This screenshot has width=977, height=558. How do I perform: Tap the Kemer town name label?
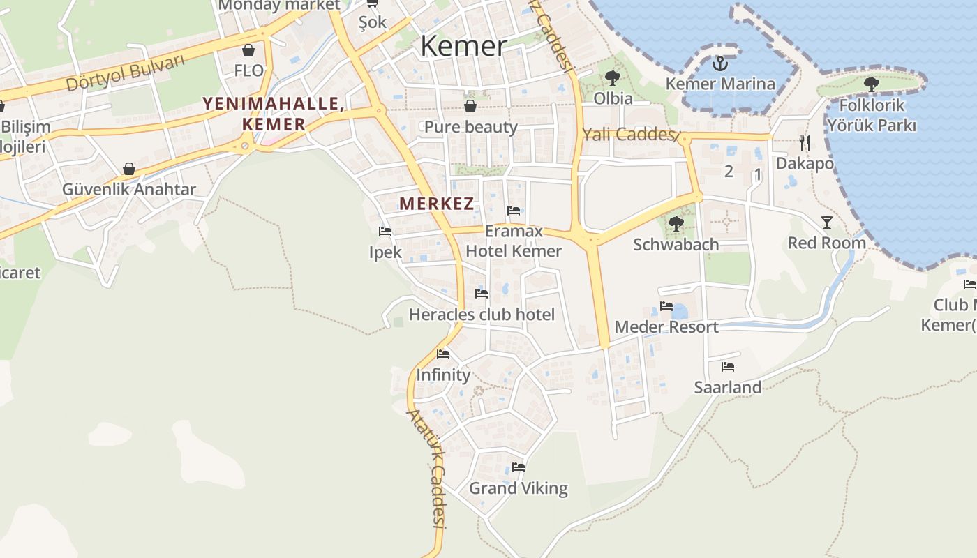463,46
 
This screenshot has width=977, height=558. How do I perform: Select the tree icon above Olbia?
613,78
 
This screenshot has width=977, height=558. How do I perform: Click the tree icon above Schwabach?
676,224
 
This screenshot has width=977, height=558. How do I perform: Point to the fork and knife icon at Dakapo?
805,143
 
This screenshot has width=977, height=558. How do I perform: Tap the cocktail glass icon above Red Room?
827,223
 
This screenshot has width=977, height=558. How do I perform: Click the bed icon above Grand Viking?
518,467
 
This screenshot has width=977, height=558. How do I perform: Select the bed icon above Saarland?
728,366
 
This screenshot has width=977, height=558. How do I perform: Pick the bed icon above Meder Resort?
666,306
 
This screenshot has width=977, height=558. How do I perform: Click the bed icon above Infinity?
443,354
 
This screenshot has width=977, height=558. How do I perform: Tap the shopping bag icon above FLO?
248,50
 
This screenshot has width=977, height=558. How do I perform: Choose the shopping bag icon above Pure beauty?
470,106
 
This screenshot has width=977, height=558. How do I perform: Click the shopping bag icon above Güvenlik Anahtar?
128,169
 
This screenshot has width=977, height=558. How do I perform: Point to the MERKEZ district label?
437,204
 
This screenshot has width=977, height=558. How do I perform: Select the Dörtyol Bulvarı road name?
126,73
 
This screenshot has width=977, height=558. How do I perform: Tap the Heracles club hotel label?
482,315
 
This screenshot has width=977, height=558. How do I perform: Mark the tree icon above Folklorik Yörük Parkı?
871,84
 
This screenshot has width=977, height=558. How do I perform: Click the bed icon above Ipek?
385,232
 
